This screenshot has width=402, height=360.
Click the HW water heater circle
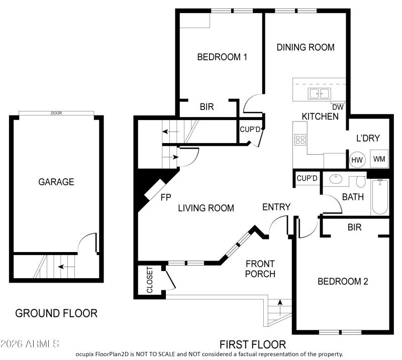357,160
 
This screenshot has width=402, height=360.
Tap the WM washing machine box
379,160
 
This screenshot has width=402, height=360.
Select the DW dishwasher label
338,106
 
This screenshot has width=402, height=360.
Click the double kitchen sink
319,93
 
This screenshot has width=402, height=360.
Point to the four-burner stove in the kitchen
300,140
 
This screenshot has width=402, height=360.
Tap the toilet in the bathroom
360,181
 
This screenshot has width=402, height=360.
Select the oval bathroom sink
335,178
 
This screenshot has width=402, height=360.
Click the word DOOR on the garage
56,113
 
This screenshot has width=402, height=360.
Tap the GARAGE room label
56,182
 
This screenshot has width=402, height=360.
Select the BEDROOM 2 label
343,281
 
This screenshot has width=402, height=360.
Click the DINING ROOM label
306,47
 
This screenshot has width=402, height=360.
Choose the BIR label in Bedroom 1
207,106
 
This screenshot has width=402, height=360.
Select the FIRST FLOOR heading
253,344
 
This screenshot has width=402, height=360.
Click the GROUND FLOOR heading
56,313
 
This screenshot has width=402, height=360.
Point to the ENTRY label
276,207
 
